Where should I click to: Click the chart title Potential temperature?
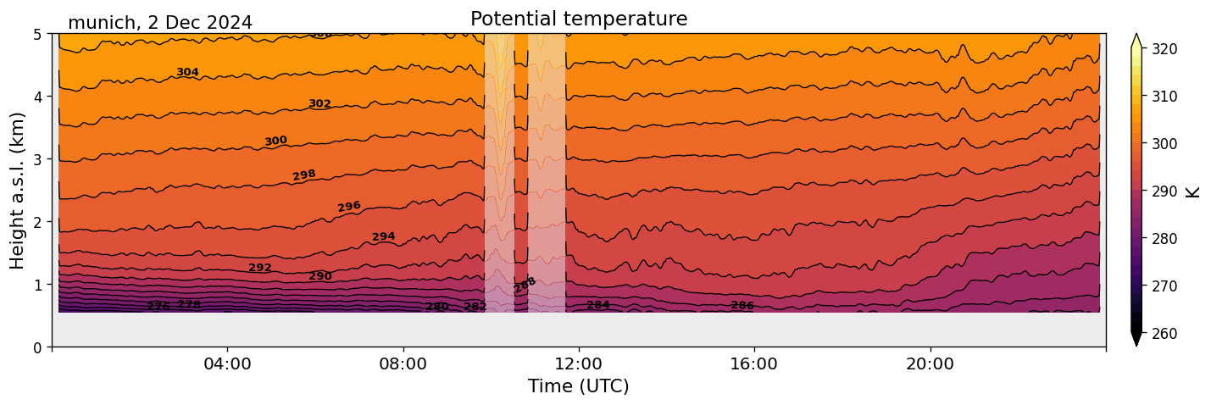coord(579,19)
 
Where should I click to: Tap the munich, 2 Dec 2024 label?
coord(160,23)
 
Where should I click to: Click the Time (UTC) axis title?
coord(579,387)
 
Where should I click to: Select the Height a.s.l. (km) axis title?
coord(18,191)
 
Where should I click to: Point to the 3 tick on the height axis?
coord(37,159)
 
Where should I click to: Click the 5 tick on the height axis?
coord(37,34)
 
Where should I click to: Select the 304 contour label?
coord(187,72)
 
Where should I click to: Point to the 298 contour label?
coord(304,175)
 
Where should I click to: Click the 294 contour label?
coord(384,236)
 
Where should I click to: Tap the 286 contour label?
coord(742,305)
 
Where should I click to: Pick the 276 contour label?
coord(158,306)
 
